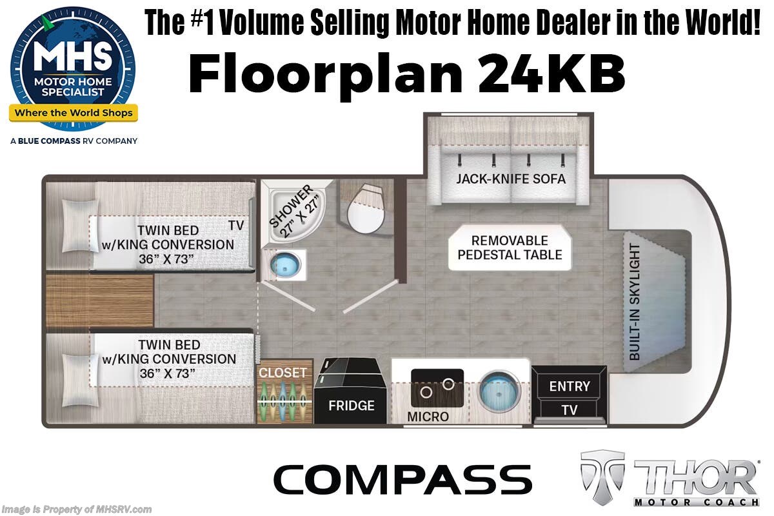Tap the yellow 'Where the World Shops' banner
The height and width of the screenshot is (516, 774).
click(73, 114)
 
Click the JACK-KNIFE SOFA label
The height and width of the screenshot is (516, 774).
click(511, 179)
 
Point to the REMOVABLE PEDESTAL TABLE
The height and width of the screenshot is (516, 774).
click(510, 247)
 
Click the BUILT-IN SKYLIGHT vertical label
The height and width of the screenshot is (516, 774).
click(635, 302)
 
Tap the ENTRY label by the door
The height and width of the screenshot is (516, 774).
click(569, 386)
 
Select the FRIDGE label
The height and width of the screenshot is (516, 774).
click(351, 406)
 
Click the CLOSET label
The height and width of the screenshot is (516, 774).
click(283, 373)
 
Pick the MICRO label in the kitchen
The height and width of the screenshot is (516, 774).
click(428, 417)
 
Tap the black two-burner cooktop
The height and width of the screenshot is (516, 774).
click(437, 388)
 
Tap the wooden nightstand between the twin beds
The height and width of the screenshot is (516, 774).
click(99, 300)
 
